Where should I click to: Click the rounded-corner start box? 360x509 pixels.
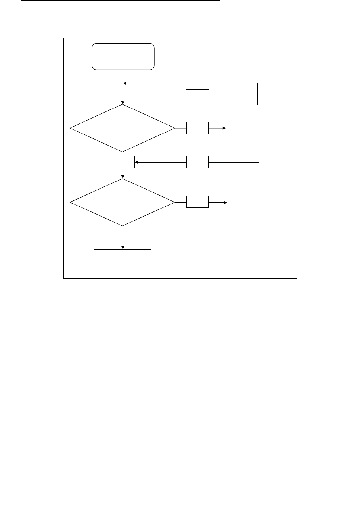(x=123, y=57)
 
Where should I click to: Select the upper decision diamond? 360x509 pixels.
(x=122, y=128)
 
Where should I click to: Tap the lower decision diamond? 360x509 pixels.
(x=122, y=202)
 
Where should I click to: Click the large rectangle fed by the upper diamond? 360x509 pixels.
(x=258, y=127)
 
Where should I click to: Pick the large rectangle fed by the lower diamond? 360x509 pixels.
(x=259, y=204)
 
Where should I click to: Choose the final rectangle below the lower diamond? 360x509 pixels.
(x=123, y=261)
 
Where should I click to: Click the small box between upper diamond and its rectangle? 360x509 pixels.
(x=197, y=128)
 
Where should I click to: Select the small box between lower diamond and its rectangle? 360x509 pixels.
(x=197, y=202)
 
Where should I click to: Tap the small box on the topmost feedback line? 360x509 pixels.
(x=197, y=83)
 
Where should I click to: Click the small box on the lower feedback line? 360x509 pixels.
(x=197, y=162)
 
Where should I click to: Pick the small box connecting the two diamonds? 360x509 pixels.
(x=123, y=162)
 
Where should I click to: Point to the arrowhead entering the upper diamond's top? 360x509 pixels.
(x=123, y=102)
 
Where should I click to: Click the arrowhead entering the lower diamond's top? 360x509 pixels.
(x=123, y=177)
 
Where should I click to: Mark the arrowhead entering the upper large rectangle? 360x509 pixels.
(x=224, y=128)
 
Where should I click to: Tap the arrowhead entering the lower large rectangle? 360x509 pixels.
(x=225, y=202)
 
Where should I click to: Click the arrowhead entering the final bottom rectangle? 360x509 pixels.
(x=123, y=247)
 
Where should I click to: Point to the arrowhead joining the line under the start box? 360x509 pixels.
(x=125, y=83)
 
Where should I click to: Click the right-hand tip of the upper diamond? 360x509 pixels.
(x=174, y=128)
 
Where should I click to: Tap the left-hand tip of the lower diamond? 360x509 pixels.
(x=70, y=202)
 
